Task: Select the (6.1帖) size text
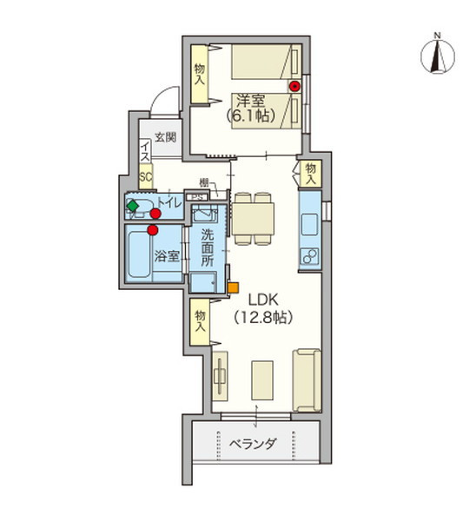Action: pos(248,114)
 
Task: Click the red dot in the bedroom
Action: pos(294,86)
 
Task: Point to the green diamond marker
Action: pos(132,206)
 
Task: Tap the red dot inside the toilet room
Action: pos(155,213)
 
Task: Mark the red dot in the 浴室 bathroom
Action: pos(153,230)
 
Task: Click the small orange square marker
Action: pos(232,287)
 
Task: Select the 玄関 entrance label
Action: pos(165,137)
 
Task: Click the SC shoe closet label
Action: pos(146,176)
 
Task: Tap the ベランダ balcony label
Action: pos(254,445)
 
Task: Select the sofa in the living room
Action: pos(306,379)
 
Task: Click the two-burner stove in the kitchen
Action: pos(308,256)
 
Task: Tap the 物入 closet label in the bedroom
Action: pos(200,74)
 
